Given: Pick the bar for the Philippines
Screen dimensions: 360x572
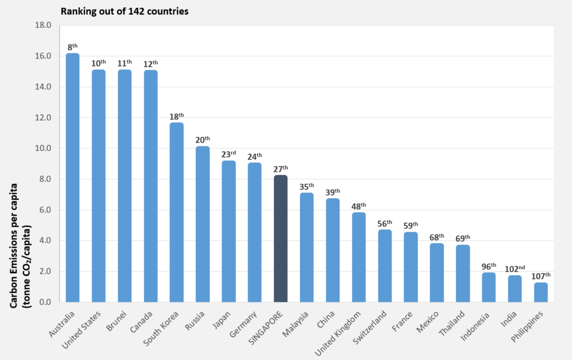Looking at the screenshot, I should (x=541, y=293).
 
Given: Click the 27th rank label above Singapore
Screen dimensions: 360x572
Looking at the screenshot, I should (x=281, y=169).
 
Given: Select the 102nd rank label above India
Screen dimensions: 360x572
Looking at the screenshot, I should (x=515, y=269).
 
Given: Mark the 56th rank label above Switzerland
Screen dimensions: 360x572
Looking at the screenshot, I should (x=385, y=224).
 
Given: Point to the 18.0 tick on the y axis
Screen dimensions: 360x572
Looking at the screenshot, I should (x=42, y=25).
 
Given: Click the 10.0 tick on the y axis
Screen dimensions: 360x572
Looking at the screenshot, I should (x=42, y=148).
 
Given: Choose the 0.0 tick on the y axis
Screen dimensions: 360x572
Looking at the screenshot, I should (x=44, y=302).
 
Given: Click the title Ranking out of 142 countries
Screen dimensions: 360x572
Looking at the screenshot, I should (x=125, y=11).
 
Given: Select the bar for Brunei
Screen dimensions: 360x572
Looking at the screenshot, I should (x=125, y=186).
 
